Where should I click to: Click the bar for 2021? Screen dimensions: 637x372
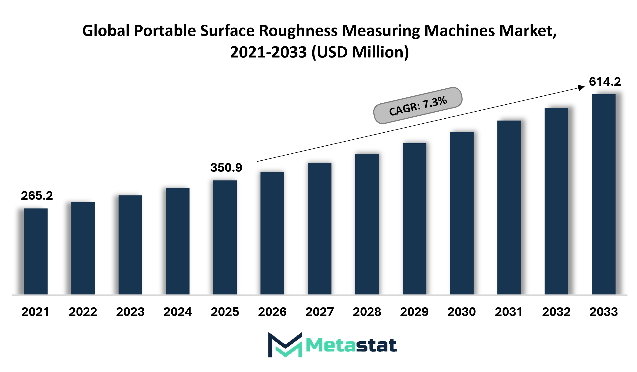[x=36, y=251]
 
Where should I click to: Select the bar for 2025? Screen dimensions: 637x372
[x=225, y=237]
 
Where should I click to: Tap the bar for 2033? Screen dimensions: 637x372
[x=604, y=194]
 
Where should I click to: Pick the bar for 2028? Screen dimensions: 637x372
[x=367, y=224]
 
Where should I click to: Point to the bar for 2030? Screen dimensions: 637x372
[x=462, y=214]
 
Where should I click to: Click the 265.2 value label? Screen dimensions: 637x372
[x=37, y=196]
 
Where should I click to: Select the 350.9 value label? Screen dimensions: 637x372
[x=226, y=168]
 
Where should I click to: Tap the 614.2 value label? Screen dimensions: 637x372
[x=605, y=82]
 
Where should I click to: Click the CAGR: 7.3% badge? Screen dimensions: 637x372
[x=418, y=106]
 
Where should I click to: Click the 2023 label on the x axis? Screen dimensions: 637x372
[x=130, y=312]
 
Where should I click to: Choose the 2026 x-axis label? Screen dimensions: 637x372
[x=272, y=312]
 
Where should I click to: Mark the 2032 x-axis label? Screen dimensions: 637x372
[x=556, y=312]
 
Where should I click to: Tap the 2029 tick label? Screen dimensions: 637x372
[x=414, y=312]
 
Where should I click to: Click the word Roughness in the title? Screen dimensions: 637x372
[x=298, y=31]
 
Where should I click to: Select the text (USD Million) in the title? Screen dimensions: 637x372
[x=360, y=52]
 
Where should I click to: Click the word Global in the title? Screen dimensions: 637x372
[x=106, y=31]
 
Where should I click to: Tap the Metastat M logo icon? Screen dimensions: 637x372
[x=285, y=345]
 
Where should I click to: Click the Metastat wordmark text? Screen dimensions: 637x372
[x=351, y=345]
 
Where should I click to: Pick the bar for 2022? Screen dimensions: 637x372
[x=83, y=248]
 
